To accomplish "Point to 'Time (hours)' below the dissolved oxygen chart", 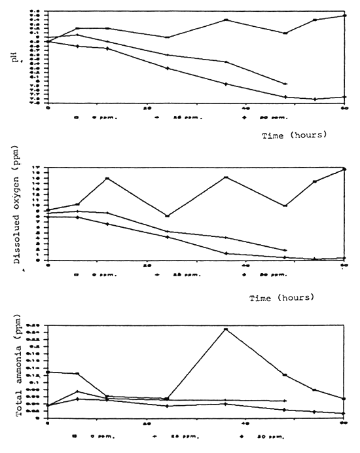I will (282, 297).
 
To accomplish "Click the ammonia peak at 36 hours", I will (226, 329).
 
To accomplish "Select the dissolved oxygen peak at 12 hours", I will (107, 179).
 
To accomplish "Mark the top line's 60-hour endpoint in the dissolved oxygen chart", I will (344, 169).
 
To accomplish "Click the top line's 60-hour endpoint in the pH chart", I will (344, 15).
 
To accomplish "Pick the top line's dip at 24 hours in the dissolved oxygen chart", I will (167, 216).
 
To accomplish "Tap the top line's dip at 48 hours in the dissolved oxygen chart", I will (285, 206).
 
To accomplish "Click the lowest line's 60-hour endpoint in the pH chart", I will (344, 97).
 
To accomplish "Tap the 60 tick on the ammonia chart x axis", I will (344, 425).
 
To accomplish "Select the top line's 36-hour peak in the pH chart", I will (226, 20).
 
